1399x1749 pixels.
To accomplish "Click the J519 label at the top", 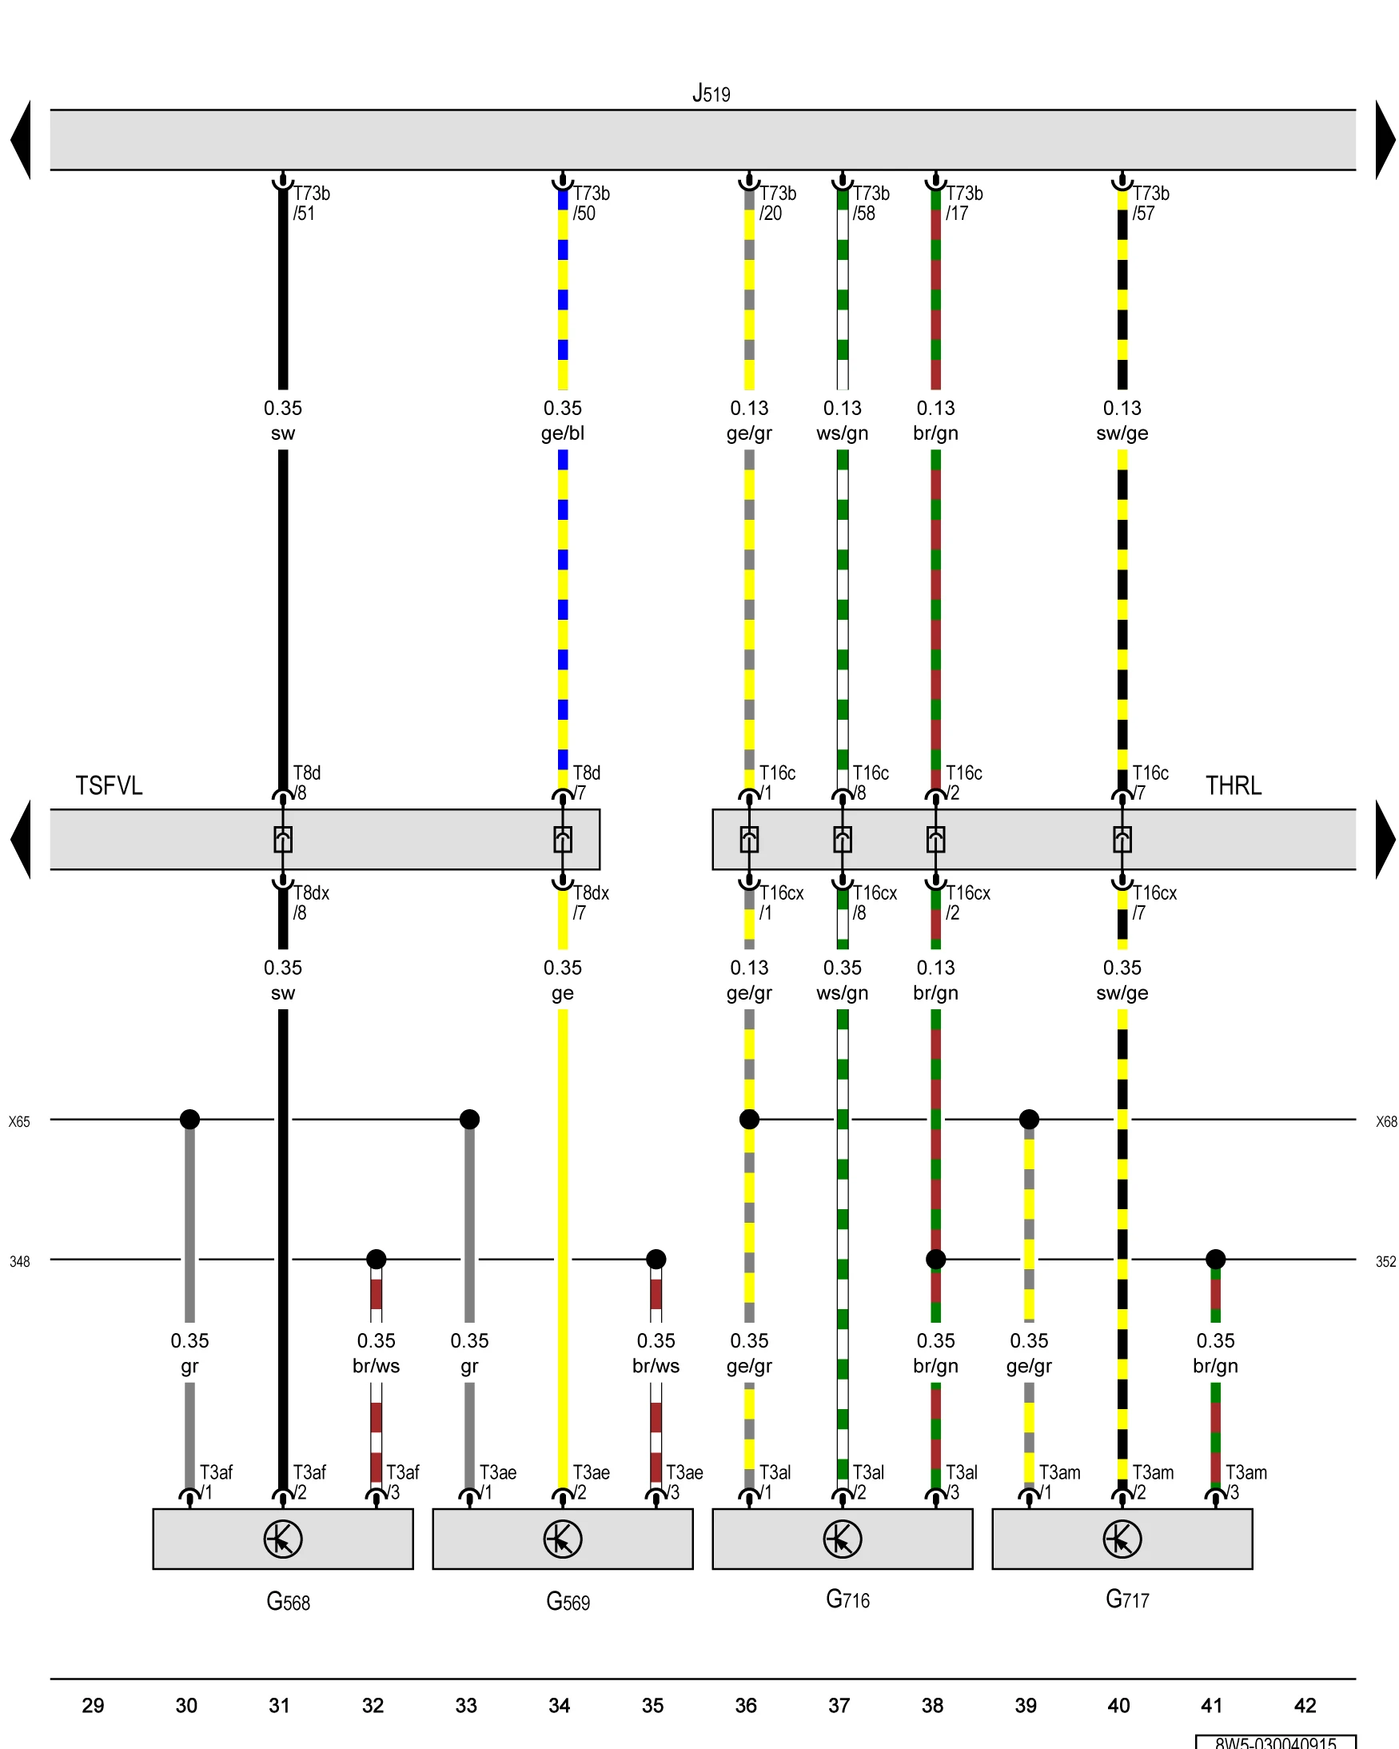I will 711,94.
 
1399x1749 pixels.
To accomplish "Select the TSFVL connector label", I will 109,785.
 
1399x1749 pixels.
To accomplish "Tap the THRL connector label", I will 1232,785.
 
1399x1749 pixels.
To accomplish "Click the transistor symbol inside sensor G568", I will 282,1539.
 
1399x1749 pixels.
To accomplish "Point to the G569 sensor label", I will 567,1601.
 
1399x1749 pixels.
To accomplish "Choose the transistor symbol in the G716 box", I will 842,1539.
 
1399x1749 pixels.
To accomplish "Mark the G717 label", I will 1126,1599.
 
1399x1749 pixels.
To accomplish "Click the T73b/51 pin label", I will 311,203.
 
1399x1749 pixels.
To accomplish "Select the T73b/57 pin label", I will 1150,203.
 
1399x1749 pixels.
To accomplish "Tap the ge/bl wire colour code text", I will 562,433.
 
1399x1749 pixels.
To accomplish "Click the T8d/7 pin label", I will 585,782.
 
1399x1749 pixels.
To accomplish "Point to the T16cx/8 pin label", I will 874,902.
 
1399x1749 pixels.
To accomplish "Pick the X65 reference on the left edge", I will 19,1122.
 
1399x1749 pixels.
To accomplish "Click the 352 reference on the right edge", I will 1385,1261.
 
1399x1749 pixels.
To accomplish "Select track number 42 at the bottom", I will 1304,1705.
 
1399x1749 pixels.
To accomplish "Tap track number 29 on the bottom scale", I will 93,1705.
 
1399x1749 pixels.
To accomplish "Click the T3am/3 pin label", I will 1245,1481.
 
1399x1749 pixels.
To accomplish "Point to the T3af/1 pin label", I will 215,1481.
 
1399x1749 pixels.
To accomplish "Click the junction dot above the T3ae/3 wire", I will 656,1259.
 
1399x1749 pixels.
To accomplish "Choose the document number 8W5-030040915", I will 1275,1743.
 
